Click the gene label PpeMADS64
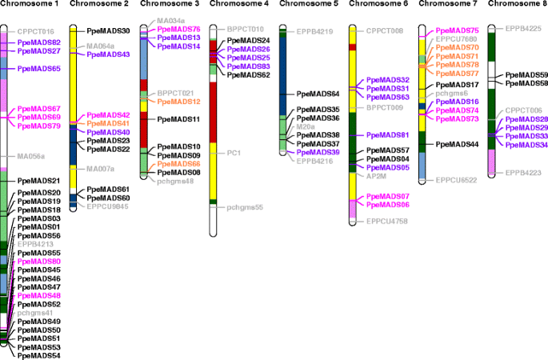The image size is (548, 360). pyautogui.click(x=318, y=94)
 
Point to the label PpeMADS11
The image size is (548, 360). pyautogui.click(x=178, y=119)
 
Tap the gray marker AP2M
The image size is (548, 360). pyautogui.click(x=376, y=176)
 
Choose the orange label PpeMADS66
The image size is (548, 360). pyautogui.click(x=178, y=164)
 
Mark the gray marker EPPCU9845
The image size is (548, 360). pyautogui.click(x=108, y=206)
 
